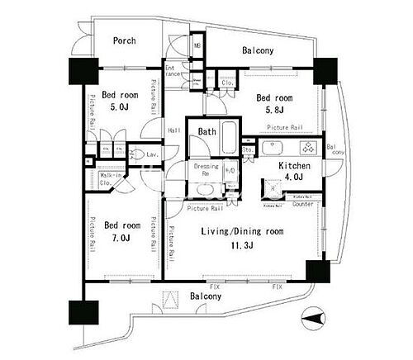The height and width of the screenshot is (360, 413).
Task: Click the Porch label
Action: [x=124, y=40]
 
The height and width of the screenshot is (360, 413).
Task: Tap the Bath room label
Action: [x=206, y=130]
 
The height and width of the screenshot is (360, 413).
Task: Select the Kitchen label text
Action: [x=293, y=166]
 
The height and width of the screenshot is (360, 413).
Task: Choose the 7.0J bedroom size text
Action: [x=121, y=238]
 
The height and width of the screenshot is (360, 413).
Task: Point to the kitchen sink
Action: [x=273, y=149]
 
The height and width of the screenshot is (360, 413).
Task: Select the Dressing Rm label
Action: [x=206, y=170]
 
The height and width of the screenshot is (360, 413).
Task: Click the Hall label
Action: [x=174, y=130]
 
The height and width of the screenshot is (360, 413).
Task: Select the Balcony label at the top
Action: [x=259, y=51]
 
